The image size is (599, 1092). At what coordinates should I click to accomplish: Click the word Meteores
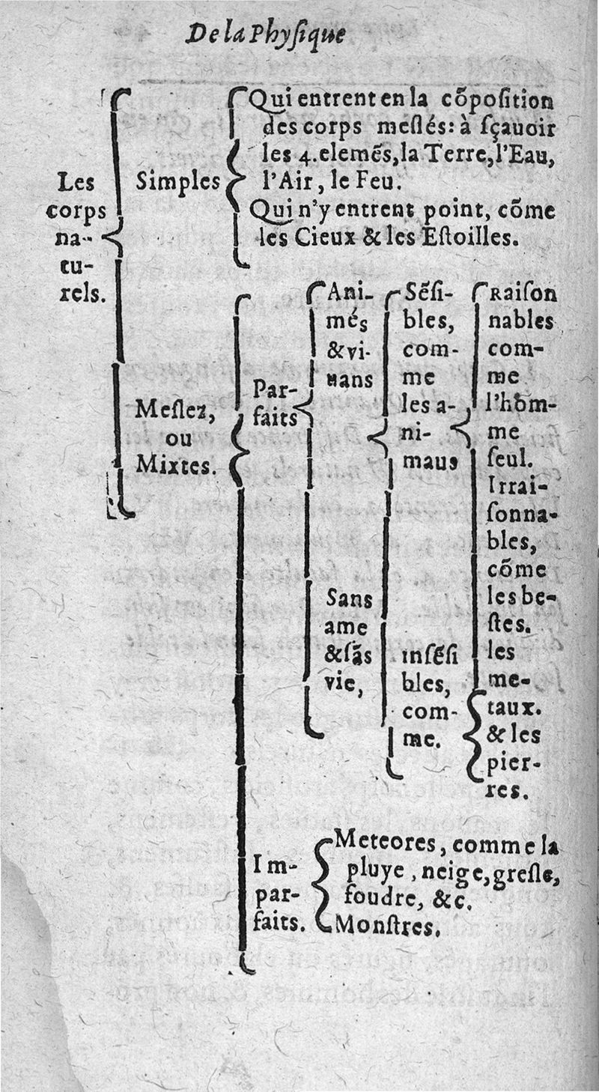coord(383,842)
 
